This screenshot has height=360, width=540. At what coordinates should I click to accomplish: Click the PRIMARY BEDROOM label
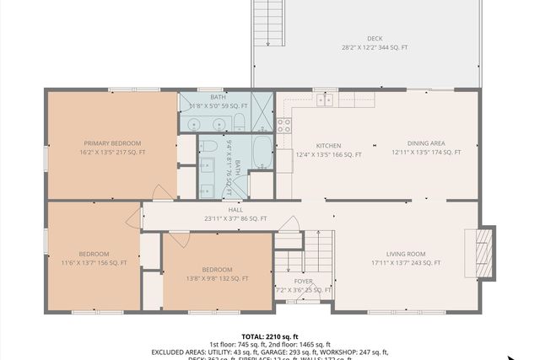(112, 143)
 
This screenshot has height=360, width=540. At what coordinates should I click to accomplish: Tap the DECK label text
(375, 38)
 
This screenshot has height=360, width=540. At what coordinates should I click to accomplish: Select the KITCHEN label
(328, 144)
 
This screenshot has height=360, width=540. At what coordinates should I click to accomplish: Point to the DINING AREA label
(426, 144)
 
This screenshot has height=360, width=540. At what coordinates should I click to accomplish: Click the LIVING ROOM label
(406, 254)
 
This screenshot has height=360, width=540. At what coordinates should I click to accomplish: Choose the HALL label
(235, 210)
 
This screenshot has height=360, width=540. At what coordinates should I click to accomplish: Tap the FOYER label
(304, 281)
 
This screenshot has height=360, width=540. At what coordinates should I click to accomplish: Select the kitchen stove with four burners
(284, 126)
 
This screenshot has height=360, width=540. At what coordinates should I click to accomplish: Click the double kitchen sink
(325, 100)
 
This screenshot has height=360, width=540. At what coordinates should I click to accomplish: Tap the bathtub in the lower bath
(262, 152)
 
